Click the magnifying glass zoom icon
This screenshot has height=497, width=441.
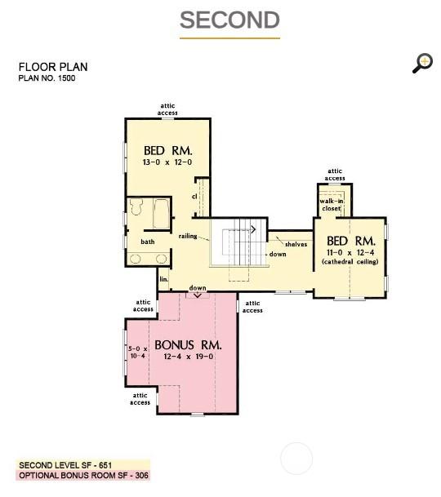[422, 63]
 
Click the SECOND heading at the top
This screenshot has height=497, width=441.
[229, 20]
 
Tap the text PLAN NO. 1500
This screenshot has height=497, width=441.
[47, 78]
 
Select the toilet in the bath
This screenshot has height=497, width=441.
[136, 206]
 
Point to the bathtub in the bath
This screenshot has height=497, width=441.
[161, 214]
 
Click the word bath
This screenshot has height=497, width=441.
[148, 242]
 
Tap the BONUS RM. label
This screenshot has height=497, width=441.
[188, 345]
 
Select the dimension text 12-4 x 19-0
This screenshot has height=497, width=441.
[189, 357]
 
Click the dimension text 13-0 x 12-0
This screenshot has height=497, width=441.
[167, 162]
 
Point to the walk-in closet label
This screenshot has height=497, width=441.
[332, 205]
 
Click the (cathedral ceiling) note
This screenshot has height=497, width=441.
[350, 261]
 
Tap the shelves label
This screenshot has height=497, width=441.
[296, 244]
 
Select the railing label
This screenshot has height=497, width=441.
[188, 236]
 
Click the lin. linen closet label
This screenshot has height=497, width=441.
[163, 279]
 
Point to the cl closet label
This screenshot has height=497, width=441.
[194, 197]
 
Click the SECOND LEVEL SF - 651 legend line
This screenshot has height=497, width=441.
[65, 465]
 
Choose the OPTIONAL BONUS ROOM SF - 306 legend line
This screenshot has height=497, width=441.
[84, 476]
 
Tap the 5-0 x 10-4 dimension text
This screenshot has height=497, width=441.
[138, 353]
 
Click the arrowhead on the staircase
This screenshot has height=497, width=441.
[253, 229]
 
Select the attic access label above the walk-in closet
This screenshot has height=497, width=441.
[335, 175]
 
